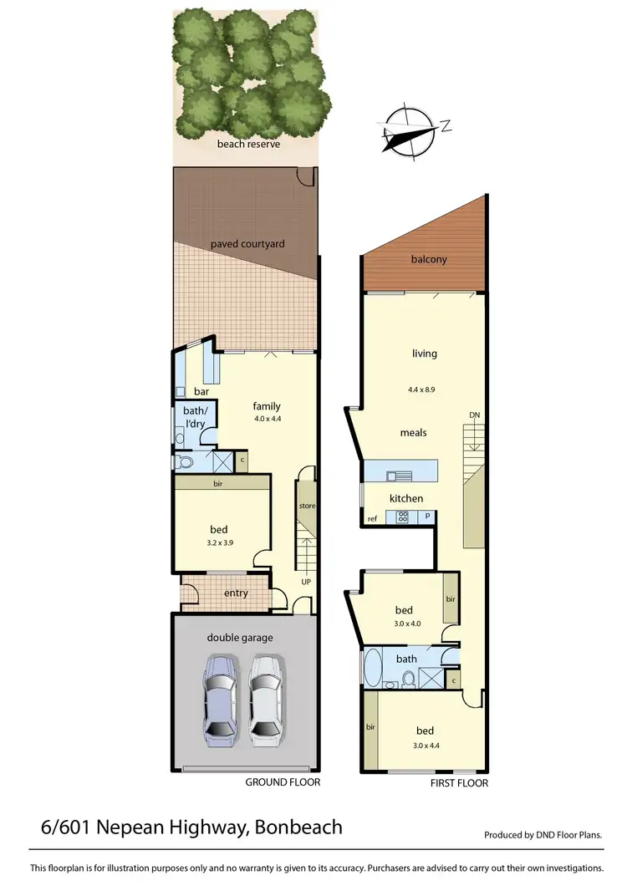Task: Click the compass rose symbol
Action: coord(408,132)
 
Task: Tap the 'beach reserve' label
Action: coord(248,144)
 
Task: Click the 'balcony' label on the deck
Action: coord(429,259)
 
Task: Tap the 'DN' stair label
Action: coord(475,415)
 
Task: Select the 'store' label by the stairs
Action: coord(307,506)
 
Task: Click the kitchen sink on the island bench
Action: coord(399,476)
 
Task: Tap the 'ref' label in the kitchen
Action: coord(372,519)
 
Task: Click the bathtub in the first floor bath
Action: coord(372,668)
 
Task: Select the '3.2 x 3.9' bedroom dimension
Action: coord(219,542)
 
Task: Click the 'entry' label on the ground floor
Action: coord(237,593)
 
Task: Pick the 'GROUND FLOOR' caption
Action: coord(283,782)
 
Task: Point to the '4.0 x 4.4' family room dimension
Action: coord(267,420)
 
